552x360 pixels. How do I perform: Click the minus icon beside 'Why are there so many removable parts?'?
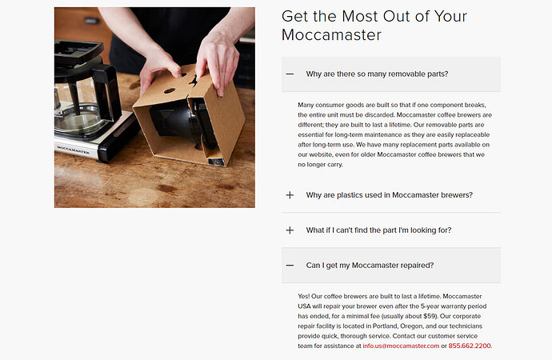coord(290,74)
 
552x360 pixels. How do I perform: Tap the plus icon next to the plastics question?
coord(290,195)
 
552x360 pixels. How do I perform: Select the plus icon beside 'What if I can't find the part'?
coord(290,230)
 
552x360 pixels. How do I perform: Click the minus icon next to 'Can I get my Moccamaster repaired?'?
coord(290,266)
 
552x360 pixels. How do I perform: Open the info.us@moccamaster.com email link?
coord(401,346)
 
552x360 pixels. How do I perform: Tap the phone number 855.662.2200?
coord(470,346)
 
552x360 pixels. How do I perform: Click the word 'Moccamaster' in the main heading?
coord(331,35)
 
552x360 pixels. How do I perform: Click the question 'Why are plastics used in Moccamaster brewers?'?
coord(390,195)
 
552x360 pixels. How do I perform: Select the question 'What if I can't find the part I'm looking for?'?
coord(378,230)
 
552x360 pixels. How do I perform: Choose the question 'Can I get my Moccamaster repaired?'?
coord(370,266)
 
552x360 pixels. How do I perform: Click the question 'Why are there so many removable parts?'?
coord(377,74)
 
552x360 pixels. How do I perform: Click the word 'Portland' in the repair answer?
coord(385,326)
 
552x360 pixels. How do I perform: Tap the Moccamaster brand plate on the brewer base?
coord(74,150)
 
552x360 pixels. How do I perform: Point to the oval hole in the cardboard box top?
coord(170,90)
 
